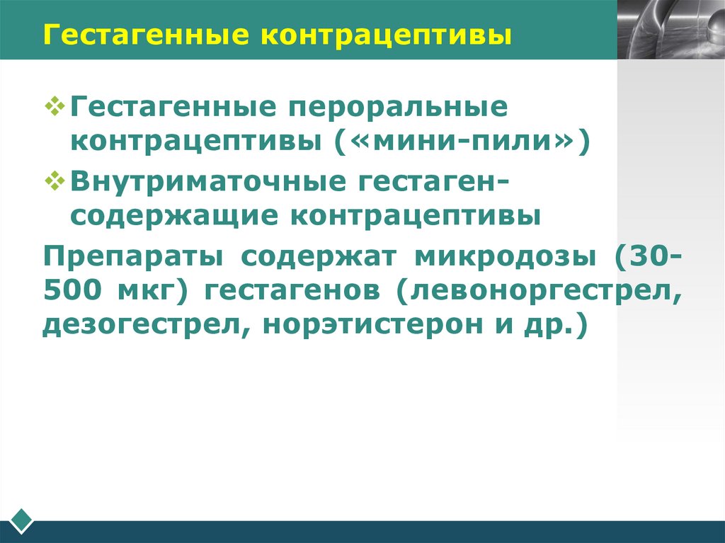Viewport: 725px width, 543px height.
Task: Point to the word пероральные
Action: (x=396, y=108)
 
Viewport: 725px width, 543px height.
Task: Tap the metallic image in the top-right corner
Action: (x=670, y=29)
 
